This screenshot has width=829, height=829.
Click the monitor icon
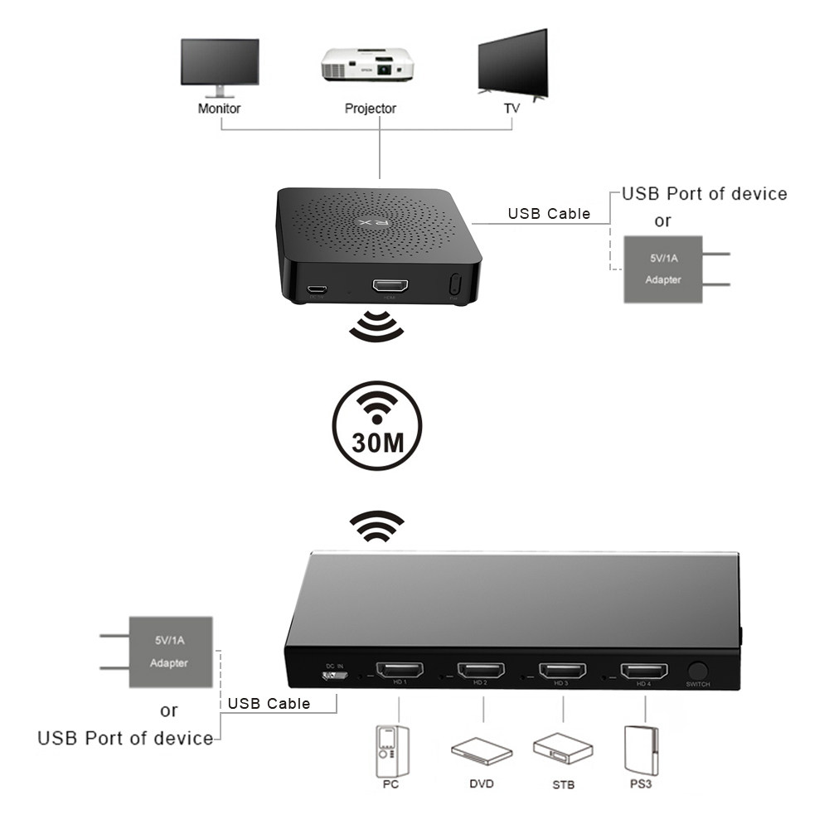(x=220, y=65)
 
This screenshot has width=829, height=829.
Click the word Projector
(x=371, y=109)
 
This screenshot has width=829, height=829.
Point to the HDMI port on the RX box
(x=390, y=287)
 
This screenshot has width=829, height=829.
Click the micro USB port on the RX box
(x=316, y=289)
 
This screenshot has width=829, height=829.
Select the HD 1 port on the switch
(x=399, y=670)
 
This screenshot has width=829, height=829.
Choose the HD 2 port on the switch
(x=481, y=670)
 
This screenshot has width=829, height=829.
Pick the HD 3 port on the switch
(x=563, y=670)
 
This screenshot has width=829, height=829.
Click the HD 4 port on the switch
(x=644, y=670)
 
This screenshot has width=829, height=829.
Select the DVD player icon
(x=482, y=751)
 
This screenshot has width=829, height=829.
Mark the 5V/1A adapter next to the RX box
(x=663, y=269)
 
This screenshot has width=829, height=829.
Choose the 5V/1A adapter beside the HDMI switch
(x=169, y=652)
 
